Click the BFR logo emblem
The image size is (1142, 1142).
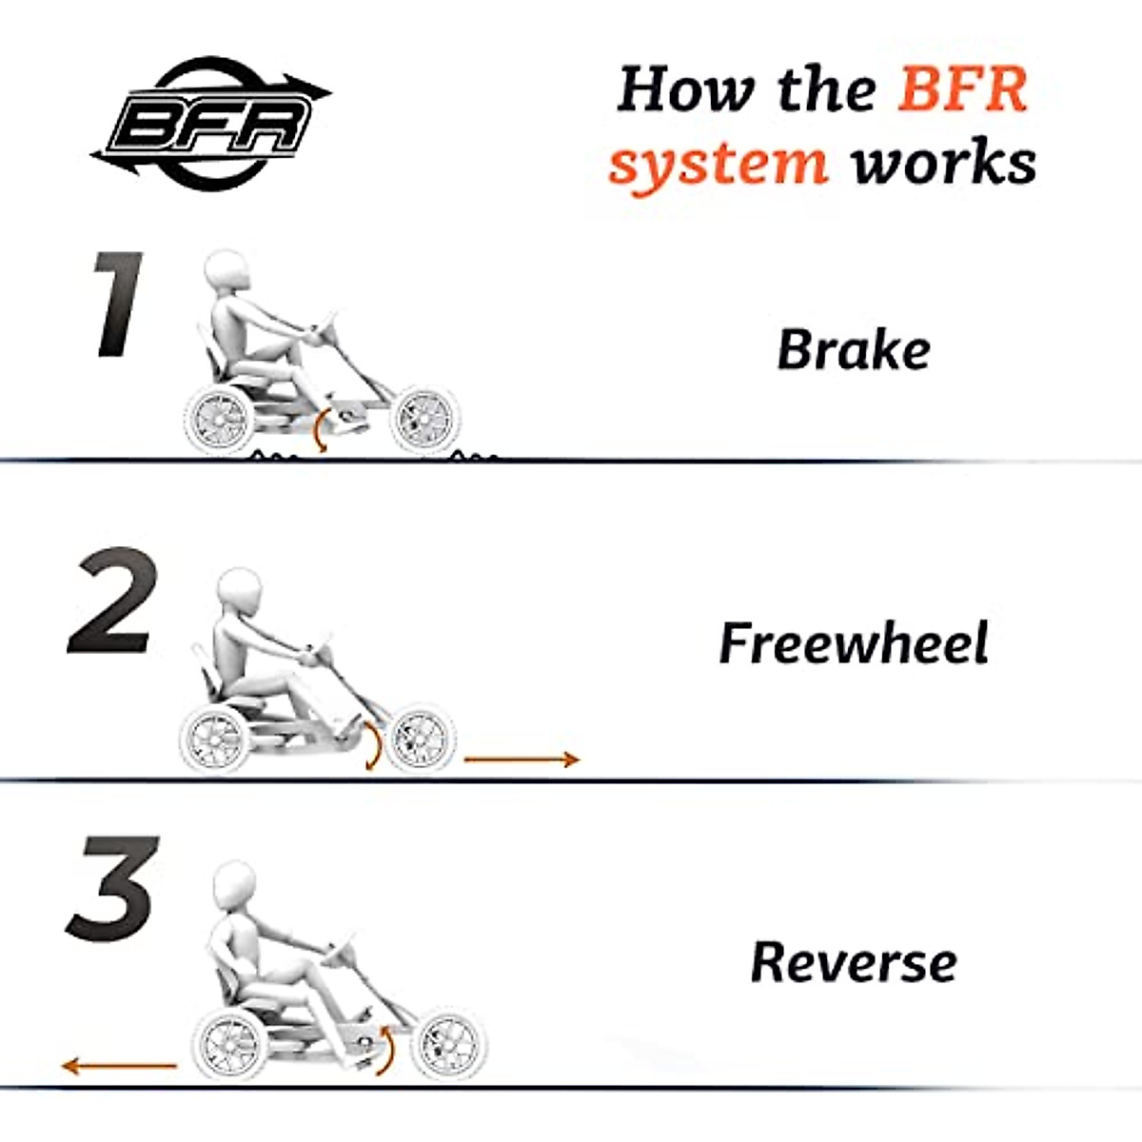(x=211, y=124)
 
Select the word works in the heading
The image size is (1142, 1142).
(x=943, y=160)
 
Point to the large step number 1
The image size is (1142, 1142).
(x=119, y=305)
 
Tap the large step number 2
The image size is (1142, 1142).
(x=112, y=601)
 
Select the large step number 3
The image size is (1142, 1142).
(x=112, y=889)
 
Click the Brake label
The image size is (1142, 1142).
(x=854, y=349)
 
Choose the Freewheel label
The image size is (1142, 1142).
(x=854, y=642)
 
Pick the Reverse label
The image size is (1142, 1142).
(x=854, y=962)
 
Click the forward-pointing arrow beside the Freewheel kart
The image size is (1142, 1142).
(x=522, y=759)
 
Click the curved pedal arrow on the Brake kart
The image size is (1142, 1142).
(x=321, y=429)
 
